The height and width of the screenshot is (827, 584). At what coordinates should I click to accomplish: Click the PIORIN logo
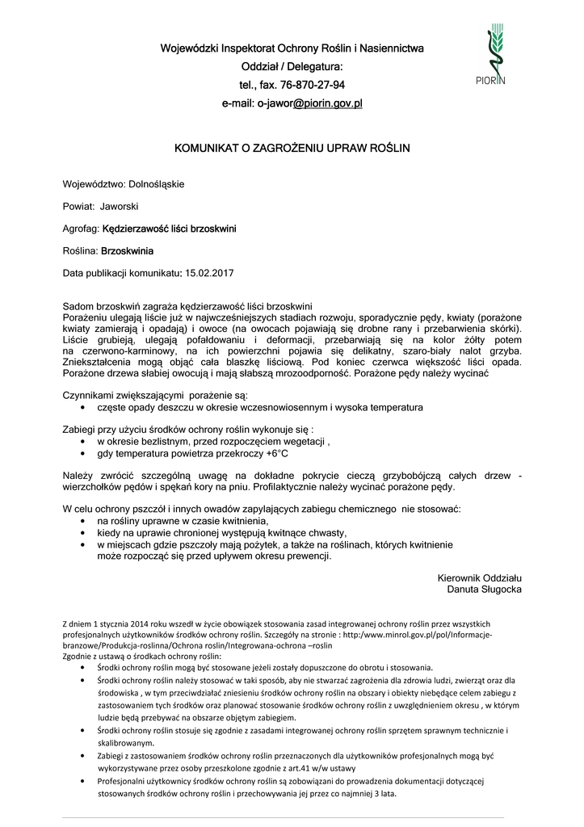[495, 55]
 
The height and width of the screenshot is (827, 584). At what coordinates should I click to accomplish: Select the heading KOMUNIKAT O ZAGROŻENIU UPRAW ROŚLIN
[292, 149]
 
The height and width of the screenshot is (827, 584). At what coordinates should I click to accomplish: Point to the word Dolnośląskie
[157, 184]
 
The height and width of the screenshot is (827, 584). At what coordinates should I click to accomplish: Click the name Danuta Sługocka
[485, 590]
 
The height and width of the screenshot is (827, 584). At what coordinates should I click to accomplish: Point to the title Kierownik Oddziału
[479, 578]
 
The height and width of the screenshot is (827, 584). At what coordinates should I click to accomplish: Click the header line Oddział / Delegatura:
[292, 66]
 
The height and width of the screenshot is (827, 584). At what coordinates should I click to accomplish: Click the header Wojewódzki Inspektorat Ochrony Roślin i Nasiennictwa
[292, 48]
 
